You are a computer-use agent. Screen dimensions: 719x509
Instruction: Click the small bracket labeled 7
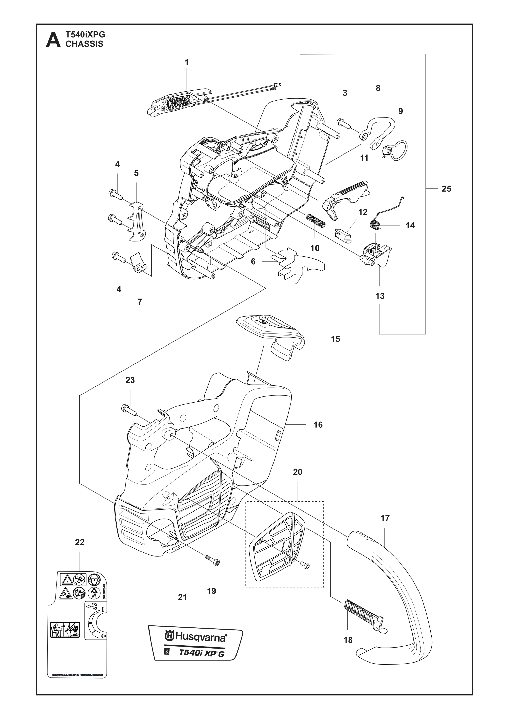point(139,262)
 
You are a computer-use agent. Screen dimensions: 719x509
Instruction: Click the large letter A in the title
point(53,40)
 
